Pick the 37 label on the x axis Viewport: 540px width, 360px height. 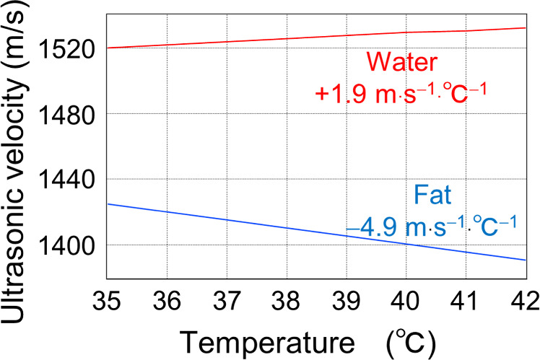click(227, 297)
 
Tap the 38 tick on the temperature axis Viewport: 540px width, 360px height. click(287, 297)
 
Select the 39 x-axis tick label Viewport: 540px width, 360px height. click(347, 297)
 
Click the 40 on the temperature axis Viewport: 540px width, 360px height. click(406, 297)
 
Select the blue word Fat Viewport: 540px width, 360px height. click(433, 195)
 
